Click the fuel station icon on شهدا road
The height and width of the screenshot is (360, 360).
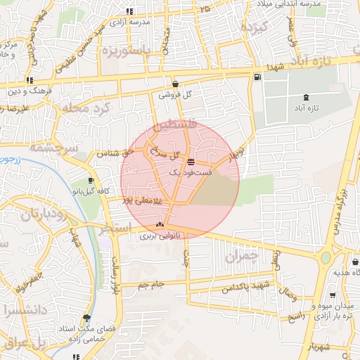(x=257, y=77)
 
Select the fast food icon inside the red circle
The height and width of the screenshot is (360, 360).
(x=191, y=162)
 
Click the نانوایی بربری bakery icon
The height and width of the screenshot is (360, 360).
(x=160, y=226)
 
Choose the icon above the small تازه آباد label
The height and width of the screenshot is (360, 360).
(x=306, y=97)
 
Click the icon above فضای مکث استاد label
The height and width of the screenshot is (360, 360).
(x=87, y=319)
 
